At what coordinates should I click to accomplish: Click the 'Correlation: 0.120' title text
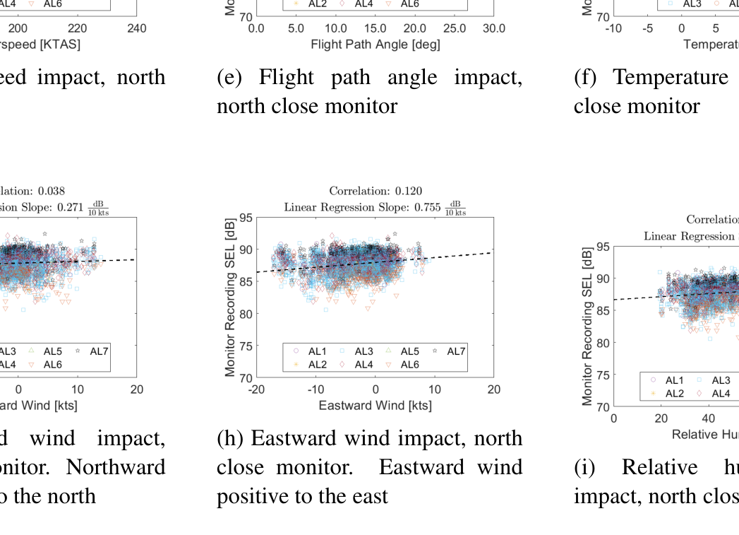click(375, 191)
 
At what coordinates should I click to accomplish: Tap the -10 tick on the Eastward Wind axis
click(316, 389)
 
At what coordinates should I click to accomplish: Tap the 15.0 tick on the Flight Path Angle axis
click(375, 29)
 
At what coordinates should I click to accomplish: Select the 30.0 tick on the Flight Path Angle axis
click(493, 29)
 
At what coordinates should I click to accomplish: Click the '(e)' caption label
click(230, 77)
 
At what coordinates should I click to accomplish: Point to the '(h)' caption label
click(230, 438)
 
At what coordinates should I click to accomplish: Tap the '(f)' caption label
click(587, 77)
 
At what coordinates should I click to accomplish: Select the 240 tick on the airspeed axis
click(137, 29)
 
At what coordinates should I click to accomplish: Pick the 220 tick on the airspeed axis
click(78, 29)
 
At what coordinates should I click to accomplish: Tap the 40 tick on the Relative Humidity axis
click(708, 418)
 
